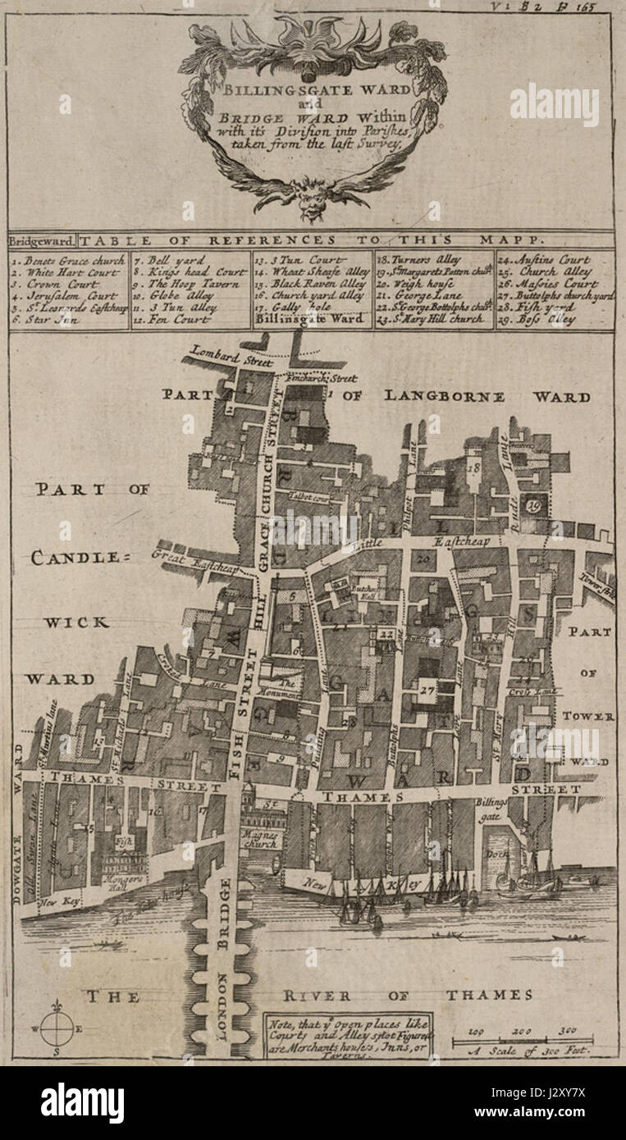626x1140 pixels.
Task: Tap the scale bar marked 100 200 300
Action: [x=522, y=1041]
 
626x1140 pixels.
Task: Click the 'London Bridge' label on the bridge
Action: [x=224, y=960]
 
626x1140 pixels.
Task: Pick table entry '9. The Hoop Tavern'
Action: [x=182, y=283]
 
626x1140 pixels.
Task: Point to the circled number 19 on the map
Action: [x=534, y=505]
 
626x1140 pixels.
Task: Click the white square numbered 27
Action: [x=427, y=690]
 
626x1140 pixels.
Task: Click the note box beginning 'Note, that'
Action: [x=347, y=1036]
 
